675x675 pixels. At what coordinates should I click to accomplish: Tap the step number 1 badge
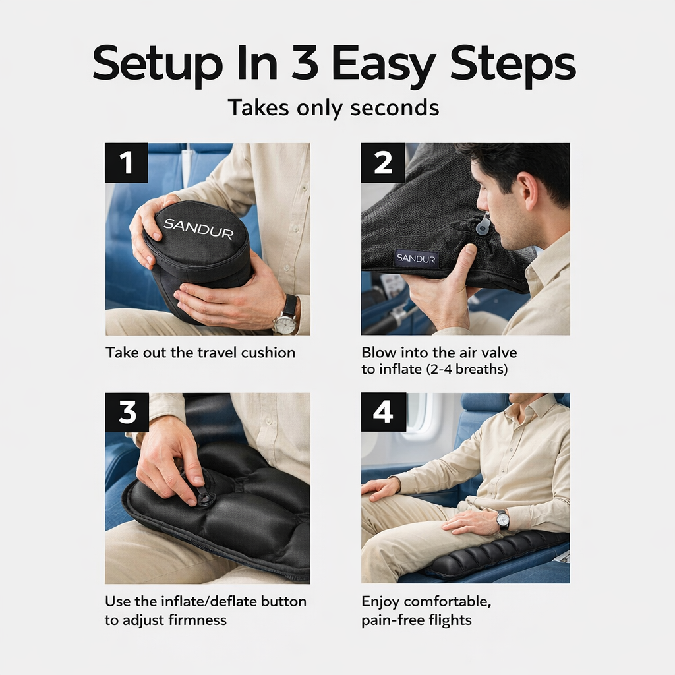pos(127,163)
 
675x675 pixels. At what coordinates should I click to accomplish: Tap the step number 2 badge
pos(382,163)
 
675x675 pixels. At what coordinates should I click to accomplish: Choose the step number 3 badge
pos(127,413)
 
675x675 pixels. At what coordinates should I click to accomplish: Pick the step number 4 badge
pos(382,413)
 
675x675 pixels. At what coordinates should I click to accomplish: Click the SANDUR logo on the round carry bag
pos(198,228)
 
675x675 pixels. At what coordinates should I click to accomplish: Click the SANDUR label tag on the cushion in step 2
pos(416,258)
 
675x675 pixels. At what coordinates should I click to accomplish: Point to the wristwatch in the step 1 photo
pos(286,318)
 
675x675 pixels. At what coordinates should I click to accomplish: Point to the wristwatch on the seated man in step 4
pos(502,519)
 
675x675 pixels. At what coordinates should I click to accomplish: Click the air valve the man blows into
pos(483,226)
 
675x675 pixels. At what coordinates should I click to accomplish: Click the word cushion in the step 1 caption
pos(268,353)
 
